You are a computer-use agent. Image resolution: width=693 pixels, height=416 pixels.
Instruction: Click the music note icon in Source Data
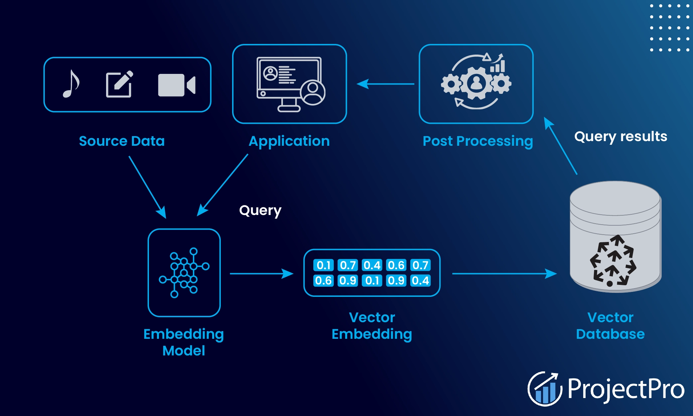[x=71, y=84]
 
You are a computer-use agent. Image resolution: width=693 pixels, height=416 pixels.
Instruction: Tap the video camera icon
[x=176, y=85]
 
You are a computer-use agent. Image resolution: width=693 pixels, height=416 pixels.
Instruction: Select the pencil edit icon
[x=119, y=85]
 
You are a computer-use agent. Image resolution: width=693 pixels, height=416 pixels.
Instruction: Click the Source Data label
[x=122, y=141]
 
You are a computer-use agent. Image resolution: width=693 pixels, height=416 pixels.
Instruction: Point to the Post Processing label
[x=478, y=141]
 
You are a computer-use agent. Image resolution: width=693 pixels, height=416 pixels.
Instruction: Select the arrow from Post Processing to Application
[x=386, y=84]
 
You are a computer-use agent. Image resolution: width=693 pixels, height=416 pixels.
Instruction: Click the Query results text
[x=621, y=136]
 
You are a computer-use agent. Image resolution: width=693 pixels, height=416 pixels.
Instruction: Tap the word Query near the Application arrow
[x=260, y=211]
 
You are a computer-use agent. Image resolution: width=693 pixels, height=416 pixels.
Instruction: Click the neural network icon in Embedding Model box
[x=184, y=273]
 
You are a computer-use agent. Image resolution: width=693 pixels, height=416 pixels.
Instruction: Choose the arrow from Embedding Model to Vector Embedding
[x=261, y=274]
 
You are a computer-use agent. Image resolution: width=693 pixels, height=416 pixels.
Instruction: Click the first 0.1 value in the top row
[x=323, y=265]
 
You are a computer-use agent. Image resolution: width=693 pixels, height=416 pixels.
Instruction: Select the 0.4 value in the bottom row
[x=420, y=281]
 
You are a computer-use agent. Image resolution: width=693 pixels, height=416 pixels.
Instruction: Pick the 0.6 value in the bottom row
[x=323, y=281]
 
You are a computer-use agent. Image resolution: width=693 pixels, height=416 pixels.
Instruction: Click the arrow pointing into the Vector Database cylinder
[x=504, y=274]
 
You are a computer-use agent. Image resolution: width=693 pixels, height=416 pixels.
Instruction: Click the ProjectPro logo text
[x=625, y=389]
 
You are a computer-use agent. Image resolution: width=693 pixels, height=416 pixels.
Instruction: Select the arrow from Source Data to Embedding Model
[x=147, y=187]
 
